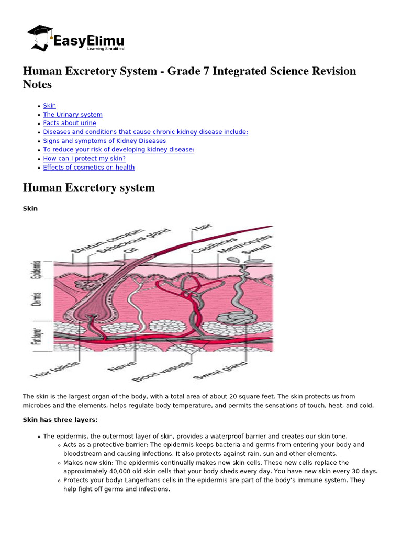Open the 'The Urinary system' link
point(73,115)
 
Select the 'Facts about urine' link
point(70,124)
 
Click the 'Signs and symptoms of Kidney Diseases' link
point(104,141)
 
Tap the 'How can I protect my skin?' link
point(84,159)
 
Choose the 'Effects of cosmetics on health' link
point(88,167)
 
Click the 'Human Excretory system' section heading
point(89,187)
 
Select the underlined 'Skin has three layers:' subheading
point(60,420)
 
